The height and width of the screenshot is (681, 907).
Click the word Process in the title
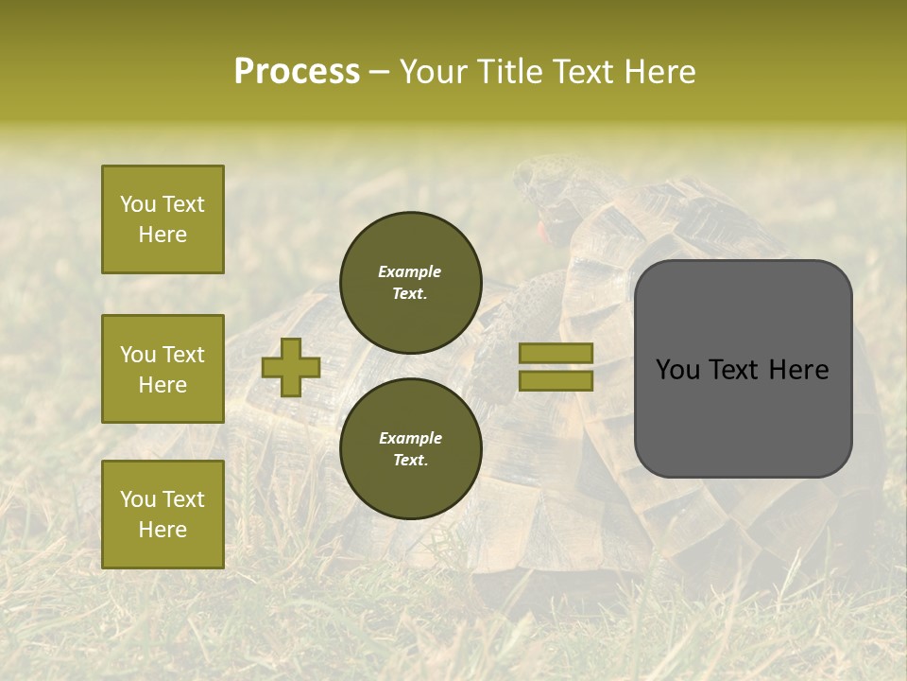(x=297, y=72)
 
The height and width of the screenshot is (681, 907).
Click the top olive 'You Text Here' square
(x=163, y=219)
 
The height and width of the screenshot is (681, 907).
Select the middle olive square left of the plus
(x=163, y=369)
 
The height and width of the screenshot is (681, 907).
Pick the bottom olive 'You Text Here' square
(x=163, y=515)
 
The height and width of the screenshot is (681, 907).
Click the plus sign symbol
(x=291, y=367)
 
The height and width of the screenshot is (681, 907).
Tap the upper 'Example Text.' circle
(x=411, y=283)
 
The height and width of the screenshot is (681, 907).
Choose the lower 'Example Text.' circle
(x=411, y=449)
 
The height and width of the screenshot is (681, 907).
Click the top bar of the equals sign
(x=556, y=353)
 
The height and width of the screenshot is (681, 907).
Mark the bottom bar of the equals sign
(x=556, y=380)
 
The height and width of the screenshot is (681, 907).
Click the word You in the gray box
(x=676, y=370)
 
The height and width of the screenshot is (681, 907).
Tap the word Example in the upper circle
(x=410, y=271)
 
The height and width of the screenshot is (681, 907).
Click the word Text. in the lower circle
(x=410, y=461)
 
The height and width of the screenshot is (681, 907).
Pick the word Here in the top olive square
(x=163, y=235)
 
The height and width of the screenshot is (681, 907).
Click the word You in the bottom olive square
(x=138, y=499)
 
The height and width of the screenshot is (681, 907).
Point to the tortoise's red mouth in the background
(x=542, y=229)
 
